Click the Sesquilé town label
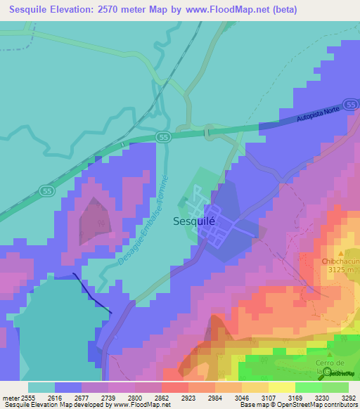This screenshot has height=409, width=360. coord(193,221)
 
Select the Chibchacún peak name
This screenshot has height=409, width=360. coord(341,261)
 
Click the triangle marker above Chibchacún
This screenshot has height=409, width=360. coord(342,252)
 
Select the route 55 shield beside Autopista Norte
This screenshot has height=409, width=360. coord(163,136)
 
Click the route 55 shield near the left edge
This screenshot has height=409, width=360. coord(46,190)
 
